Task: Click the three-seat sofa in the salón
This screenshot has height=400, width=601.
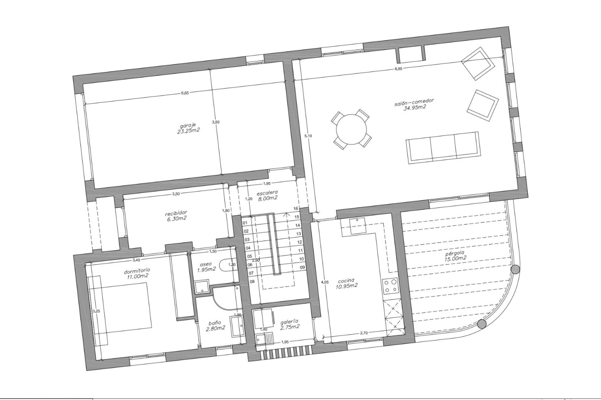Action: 442,147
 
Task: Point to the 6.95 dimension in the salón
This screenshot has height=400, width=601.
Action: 398,69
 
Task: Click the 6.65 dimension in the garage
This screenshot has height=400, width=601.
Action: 185,92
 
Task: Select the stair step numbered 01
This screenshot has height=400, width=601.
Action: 245,223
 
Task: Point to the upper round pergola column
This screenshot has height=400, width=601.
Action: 515,269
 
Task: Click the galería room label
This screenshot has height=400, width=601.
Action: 289,321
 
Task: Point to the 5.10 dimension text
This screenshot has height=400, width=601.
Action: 308,136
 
